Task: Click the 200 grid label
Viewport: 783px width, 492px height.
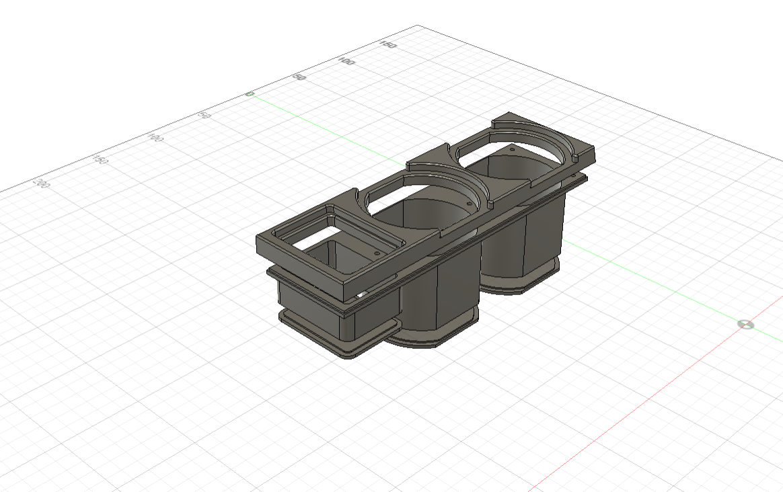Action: point(42,183)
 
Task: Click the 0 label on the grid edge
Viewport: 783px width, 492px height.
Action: point(250,94)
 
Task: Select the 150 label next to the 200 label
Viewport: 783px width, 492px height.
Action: point(100,160)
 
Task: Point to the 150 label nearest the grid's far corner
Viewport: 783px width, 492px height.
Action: point(387,45)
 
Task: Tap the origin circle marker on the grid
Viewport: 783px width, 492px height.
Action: point(746,325)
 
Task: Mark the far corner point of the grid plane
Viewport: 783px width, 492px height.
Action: point(418,26)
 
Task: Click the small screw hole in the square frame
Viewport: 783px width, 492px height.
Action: point(376,253)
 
